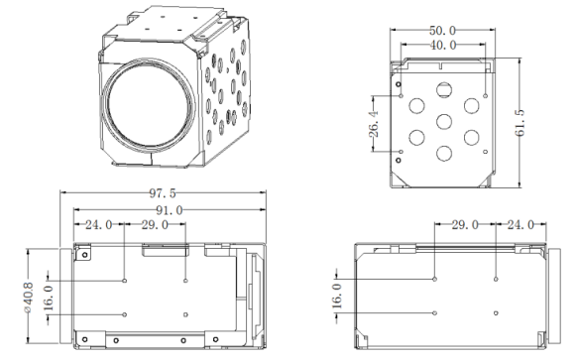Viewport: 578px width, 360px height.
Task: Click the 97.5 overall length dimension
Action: (x=163, y=193)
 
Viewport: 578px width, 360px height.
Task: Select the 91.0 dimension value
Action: (x=169, y=210)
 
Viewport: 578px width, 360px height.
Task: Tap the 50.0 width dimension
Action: (x=442, y=31)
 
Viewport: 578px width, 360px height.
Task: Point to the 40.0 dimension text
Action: (x=443, y=46)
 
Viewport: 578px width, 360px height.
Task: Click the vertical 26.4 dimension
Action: (x=374, y=124)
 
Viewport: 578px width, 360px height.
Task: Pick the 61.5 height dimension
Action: (x=520, y=123)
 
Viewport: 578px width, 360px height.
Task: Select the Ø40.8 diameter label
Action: (x=29, y=298)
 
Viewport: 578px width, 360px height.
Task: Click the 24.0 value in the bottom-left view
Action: (x=99, y=225)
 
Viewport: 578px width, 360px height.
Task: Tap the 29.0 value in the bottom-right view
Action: (x=465, y=225)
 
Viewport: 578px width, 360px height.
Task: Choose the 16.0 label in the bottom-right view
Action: (x=337, y=296)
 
